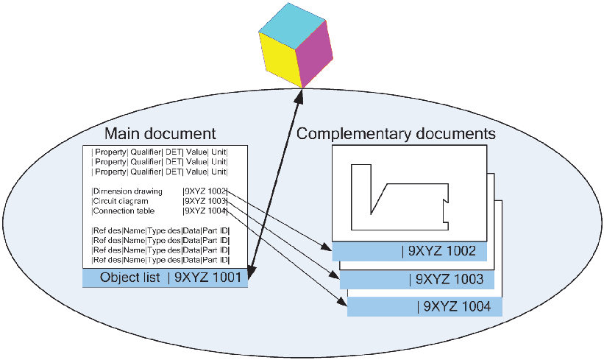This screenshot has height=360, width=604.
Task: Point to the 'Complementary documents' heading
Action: pyautogui.click(x=395, y=134)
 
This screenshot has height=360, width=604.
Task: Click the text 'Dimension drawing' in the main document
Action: pyautogui.click(x=121, y=191)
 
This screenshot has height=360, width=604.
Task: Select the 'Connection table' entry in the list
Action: pyautogui.click(x=121, y=211)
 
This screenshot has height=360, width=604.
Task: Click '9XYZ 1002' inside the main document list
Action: pyautogui.click(x=205, y=191)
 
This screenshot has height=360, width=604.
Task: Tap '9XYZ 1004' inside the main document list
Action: pyautogui.click(x=205, y=211)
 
